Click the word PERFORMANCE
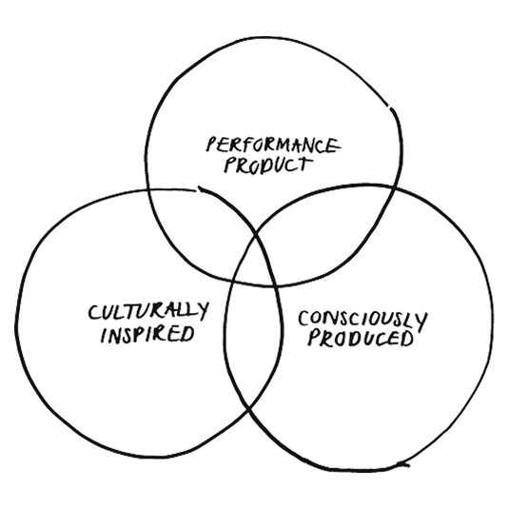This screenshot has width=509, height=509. tap(273, 146)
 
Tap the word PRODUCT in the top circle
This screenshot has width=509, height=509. tap(266, 165)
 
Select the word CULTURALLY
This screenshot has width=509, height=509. tap(148, 311)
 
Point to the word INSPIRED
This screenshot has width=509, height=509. tap(147, 334)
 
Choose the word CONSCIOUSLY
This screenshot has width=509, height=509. tap(362, 321)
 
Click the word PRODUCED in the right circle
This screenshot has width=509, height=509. tap(361, 339)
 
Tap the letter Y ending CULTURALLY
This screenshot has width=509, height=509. tap(203, 311)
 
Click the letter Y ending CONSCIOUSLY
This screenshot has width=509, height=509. tap(421, 322)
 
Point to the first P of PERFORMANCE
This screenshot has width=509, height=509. tap(211, 145)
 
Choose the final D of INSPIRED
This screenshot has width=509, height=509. tap(187, 334)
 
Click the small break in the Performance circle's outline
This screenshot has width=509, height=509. tap(389, 107)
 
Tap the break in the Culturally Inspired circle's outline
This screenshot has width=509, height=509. tap(197, 189)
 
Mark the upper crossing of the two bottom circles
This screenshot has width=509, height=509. tap(257, 233)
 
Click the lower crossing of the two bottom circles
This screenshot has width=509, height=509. tap(249, 410)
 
